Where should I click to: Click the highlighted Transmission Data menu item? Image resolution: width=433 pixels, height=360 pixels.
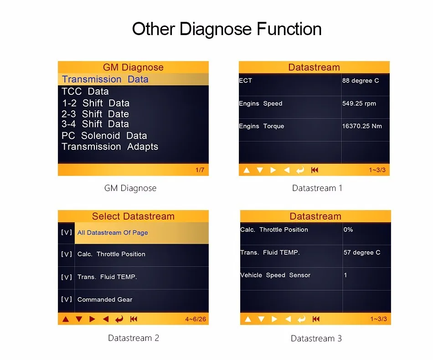105,79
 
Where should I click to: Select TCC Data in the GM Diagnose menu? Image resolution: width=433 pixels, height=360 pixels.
85,91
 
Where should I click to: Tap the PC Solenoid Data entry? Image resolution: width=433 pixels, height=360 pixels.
104,136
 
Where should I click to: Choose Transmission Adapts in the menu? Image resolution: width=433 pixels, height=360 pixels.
110,147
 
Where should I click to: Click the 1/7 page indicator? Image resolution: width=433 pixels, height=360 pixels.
200,170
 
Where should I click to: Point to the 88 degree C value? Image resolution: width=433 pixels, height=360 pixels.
361,81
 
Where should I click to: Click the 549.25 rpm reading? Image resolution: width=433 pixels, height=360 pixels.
359,103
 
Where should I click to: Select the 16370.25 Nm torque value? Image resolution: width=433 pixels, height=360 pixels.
362,126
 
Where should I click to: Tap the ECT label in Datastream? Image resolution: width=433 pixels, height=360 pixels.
245,81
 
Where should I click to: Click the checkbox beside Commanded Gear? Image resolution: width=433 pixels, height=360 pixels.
67,299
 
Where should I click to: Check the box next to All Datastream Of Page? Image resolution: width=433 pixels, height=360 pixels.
67,232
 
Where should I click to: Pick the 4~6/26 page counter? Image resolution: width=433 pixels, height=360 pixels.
196,319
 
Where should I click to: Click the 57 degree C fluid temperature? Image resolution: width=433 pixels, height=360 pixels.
362,252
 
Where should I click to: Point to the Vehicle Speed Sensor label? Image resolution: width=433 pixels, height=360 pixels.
275,275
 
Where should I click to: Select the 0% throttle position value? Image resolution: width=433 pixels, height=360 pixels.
348,230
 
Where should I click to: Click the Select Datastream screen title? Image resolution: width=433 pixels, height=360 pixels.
133,216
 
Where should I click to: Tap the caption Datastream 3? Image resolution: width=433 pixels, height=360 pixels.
316,338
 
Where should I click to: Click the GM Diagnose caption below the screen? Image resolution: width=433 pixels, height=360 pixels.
130,188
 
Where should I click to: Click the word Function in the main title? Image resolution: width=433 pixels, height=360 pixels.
289,29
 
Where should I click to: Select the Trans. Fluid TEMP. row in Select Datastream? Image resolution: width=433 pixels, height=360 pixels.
107,277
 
